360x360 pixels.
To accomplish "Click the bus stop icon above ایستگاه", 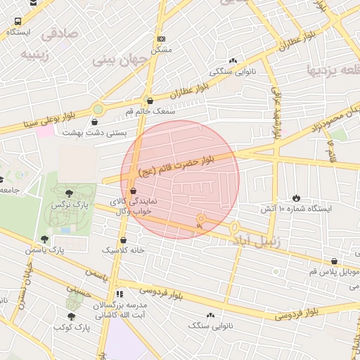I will click(x=16, y=22).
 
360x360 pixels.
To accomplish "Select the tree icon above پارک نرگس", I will click(x=68, y=193).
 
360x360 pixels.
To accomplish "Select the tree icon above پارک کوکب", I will click(x=71, y=316).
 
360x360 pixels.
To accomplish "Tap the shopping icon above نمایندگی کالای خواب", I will click(x=133, y=191).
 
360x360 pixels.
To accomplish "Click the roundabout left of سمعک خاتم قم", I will click(x=97, y=109).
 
